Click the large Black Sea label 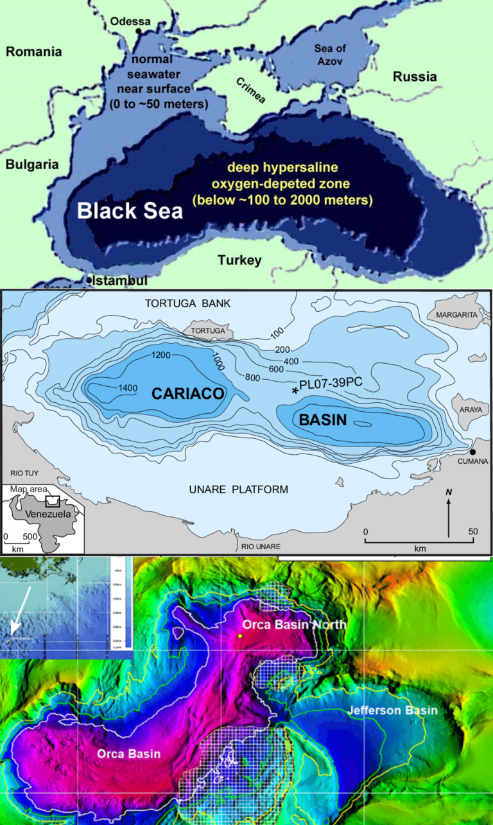[x=130, y=210]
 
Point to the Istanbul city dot [x=89, y=280]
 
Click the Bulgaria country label [x=32, y=165]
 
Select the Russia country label [x=415, y=77]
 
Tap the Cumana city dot [x=472, y=452]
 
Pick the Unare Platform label [x=238, y=489]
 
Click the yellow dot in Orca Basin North [x=239, y=636]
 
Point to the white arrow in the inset [x=16, y=622]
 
